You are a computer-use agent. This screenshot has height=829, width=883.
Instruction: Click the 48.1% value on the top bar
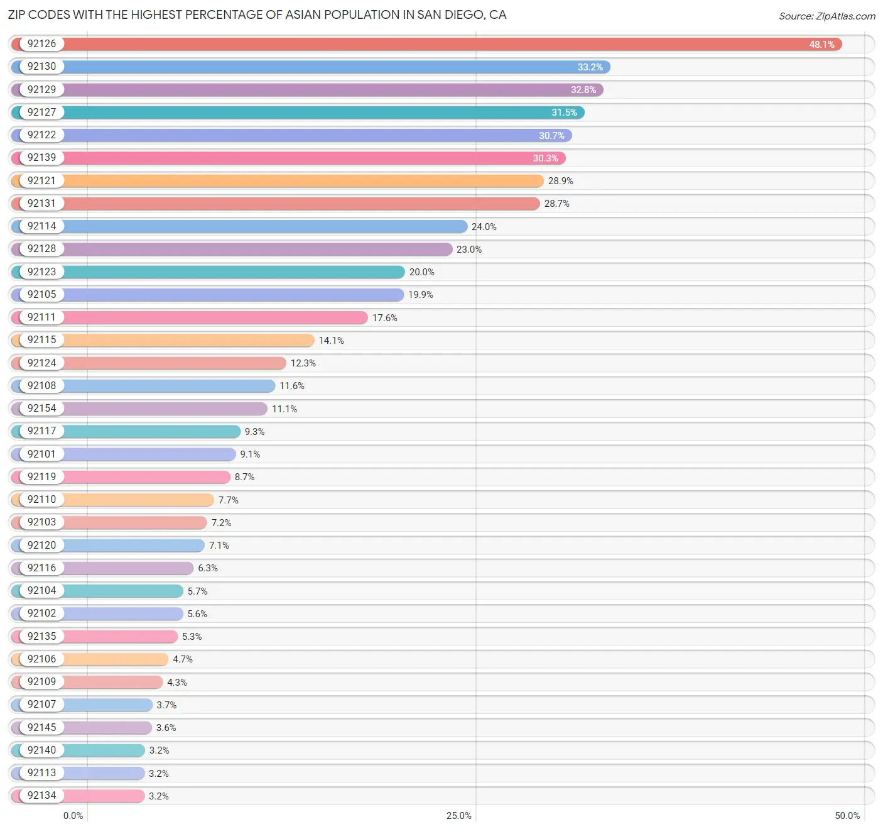click(821, 45)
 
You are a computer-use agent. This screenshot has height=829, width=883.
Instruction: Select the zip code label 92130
click(41, 67)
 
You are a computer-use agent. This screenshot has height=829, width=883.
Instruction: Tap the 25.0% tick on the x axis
click(458, 815)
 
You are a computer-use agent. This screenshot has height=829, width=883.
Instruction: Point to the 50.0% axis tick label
click(847, 815)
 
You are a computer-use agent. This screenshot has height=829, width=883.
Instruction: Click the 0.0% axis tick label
click(73, 815)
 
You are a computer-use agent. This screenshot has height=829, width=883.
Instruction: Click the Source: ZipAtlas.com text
click(826, 16)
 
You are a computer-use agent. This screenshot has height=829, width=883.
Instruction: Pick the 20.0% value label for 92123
click(421, 272)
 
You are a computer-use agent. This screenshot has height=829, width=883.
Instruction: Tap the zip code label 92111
click(41, 317)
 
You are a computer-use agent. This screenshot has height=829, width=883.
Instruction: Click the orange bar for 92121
click(301, 181)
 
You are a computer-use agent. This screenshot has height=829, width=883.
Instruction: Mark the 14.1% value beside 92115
click(331, 341)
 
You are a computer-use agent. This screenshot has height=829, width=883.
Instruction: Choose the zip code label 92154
click(41, 409)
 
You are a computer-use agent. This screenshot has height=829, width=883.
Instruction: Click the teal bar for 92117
click(151, 432)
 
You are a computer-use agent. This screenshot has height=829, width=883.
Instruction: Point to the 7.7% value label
click(228, 500)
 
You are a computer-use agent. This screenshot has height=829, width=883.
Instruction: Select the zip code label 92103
click(41, 522)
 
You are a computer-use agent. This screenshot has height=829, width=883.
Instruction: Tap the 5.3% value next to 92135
click(192, 637)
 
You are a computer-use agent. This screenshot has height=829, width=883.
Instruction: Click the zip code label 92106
click(41, 659)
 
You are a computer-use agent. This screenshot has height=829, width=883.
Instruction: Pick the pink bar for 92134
click(104, 796)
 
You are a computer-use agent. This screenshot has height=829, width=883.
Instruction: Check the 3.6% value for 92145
click(166, 728)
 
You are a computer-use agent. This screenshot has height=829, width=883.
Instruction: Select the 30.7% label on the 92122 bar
click(551, 136)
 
